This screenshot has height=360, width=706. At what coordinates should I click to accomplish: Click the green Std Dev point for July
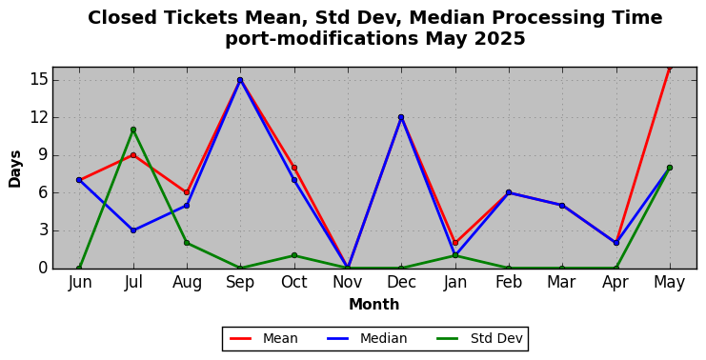click(133, 130)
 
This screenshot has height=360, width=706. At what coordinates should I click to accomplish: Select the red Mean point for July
click(133, 155)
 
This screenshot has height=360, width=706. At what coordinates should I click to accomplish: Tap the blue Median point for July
click(133, 230)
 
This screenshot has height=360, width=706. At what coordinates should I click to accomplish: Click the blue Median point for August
click(187, 206)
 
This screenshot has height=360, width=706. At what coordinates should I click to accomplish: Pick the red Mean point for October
click(294, 168)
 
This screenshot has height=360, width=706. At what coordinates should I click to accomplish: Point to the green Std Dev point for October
click(294, 255)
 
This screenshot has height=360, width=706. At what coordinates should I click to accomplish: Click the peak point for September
click(240, 80)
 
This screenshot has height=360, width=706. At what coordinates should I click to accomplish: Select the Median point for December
click(401, 117)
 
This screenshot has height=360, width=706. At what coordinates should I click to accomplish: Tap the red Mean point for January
click(455, 243)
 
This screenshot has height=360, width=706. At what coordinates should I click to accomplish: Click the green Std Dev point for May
click(670, 168)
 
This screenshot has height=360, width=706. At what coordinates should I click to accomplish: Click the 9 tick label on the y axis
click(44, 155)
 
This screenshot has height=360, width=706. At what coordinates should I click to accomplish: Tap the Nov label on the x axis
click(347, 282)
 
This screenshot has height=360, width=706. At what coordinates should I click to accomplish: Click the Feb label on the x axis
click(509, 282)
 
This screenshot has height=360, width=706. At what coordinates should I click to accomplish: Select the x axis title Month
click(374, 305)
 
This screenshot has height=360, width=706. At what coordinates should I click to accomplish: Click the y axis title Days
click(15, 169)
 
